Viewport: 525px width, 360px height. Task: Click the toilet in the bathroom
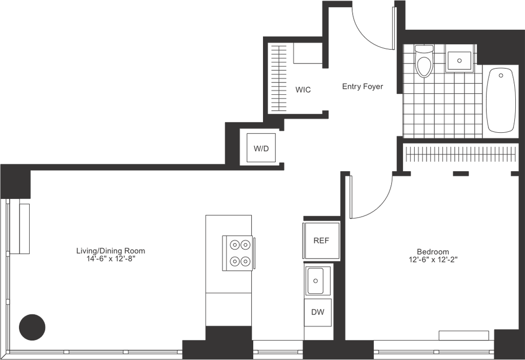pos(424,62)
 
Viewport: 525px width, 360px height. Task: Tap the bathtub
pos(500,102)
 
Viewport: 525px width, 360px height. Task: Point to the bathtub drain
pos(501,75)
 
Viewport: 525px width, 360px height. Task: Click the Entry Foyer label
pos(364,87)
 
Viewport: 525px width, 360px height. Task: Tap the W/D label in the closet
pos(303,90)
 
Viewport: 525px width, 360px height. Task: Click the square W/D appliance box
pos(261,149)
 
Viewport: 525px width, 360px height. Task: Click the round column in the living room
pos(32,327)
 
